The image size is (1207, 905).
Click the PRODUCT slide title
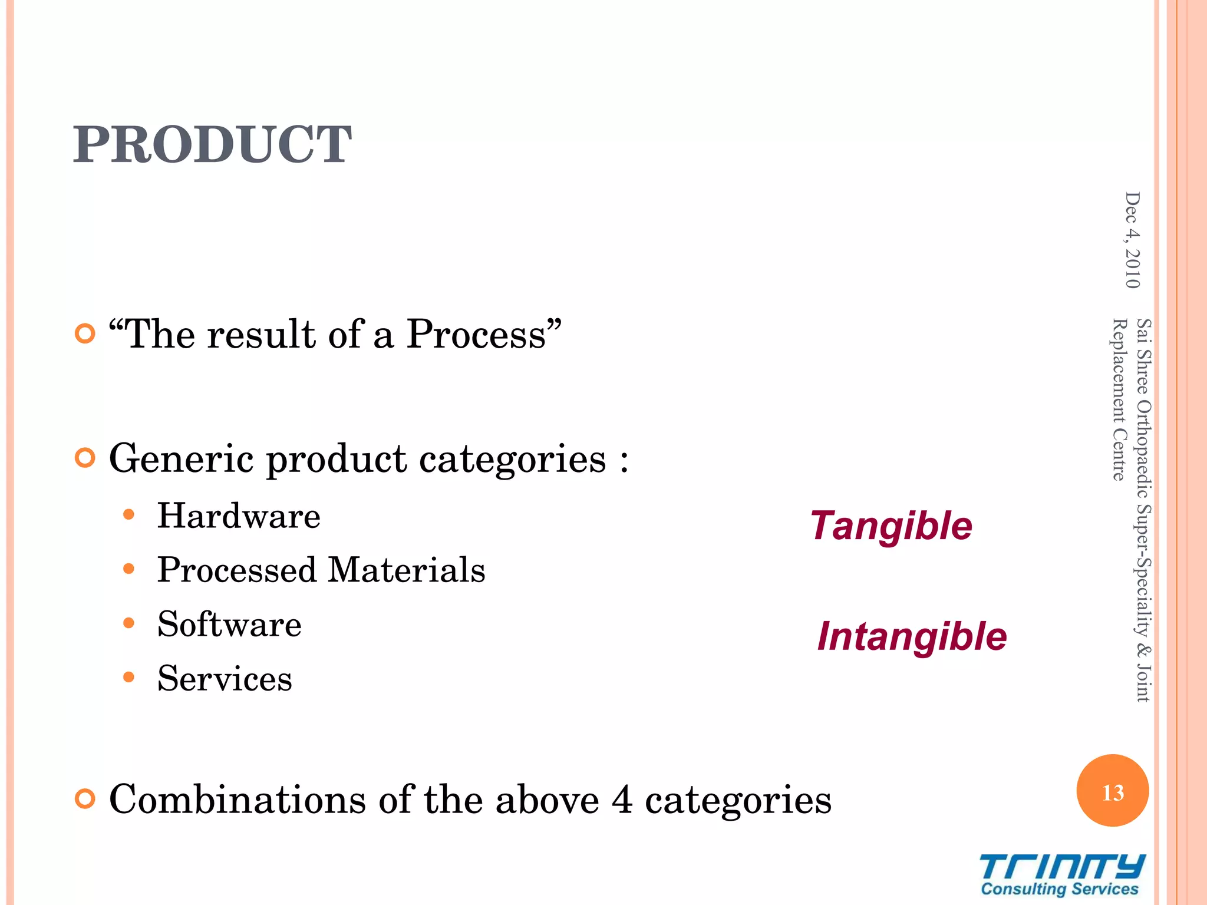[212, 145]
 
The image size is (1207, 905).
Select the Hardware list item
[239, 516]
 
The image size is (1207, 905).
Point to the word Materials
[406, 570]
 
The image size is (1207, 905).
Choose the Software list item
[229, 625]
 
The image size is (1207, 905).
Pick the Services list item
[225, 679]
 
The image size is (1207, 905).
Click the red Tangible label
[891, 526]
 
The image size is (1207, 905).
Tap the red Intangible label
[912, 637]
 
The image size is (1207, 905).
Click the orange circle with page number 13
[1113, 791]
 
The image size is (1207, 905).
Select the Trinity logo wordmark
[1062, 867]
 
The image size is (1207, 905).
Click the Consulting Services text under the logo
[1060, 889]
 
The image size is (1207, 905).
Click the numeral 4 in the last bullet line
[622, 800]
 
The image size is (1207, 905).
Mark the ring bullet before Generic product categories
[85, 458]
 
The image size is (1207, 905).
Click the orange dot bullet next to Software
[129, 623]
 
